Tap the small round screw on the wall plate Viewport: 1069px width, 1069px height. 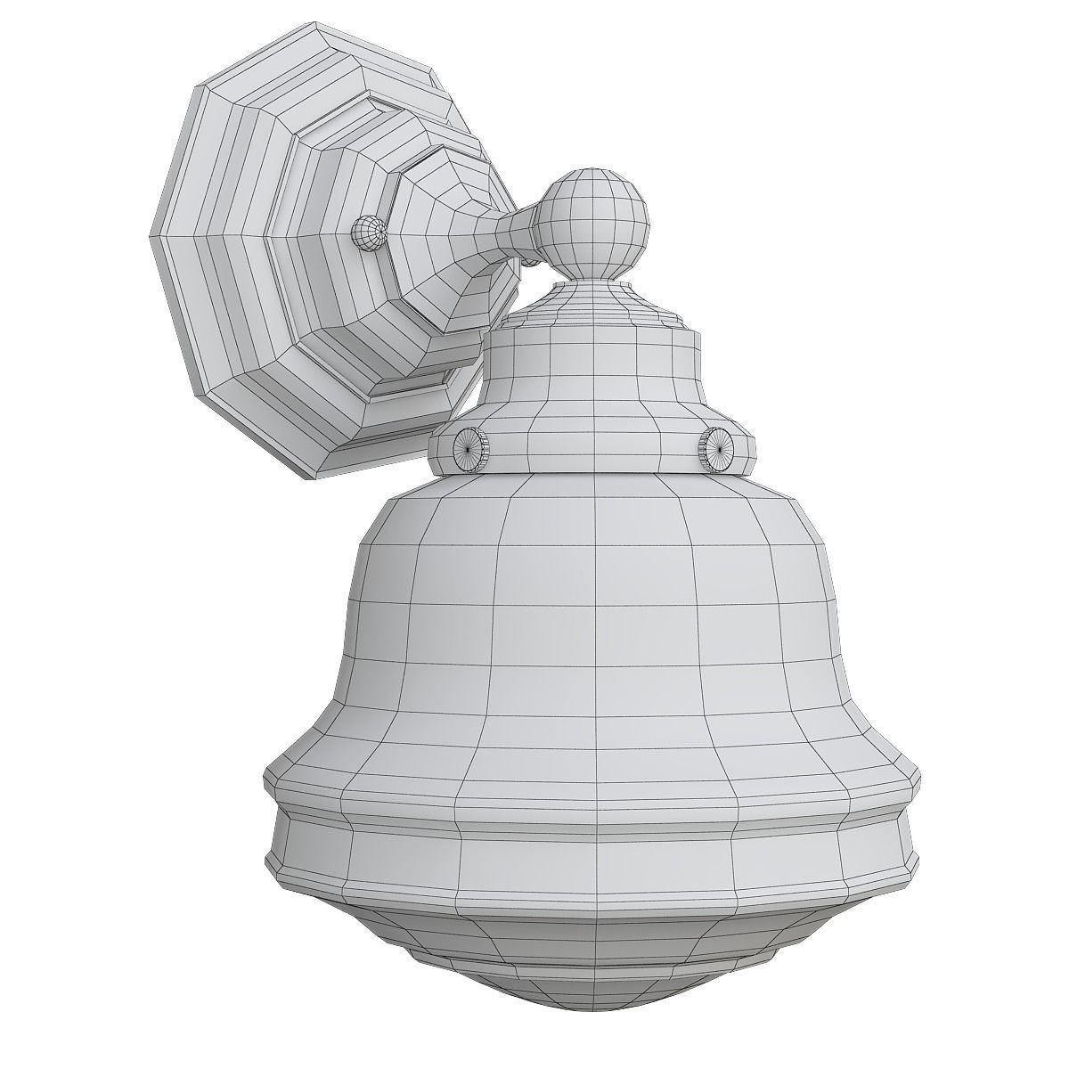pos(368,232)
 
